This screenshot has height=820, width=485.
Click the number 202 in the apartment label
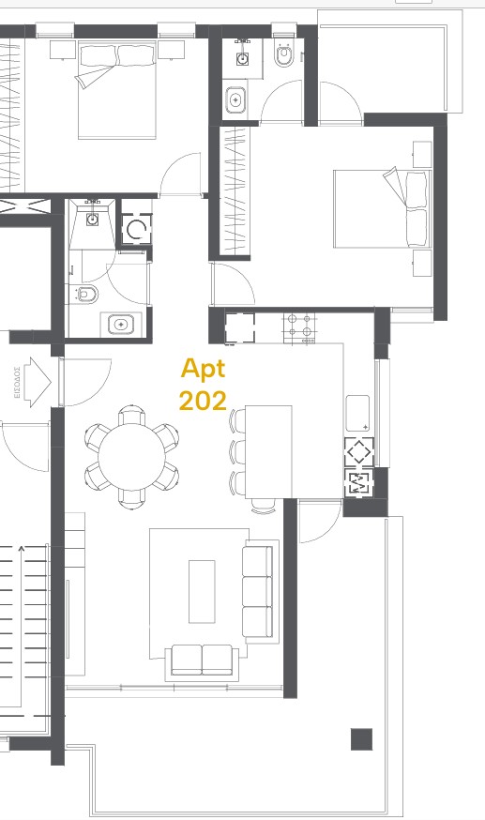click(203, 401)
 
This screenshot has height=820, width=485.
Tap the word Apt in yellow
click(203, 368)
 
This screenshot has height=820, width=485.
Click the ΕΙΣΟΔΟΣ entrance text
click(17, 384)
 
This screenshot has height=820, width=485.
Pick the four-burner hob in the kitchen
click(301, 326)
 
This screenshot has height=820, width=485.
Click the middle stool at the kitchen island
click(237, 450)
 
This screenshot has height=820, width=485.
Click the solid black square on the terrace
click(361, 739)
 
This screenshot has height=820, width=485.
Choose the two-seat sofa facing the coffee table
click(203, 659)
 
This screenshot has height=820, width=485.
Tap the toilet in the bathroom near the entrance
click(86, 295)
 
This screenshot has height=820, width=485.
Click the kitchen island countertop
click(268, 450)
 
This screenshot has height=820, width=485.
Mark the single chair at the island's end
click(264, 505)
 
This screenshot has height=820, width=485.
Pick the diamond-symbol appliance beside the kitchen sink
click(359, 451)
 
